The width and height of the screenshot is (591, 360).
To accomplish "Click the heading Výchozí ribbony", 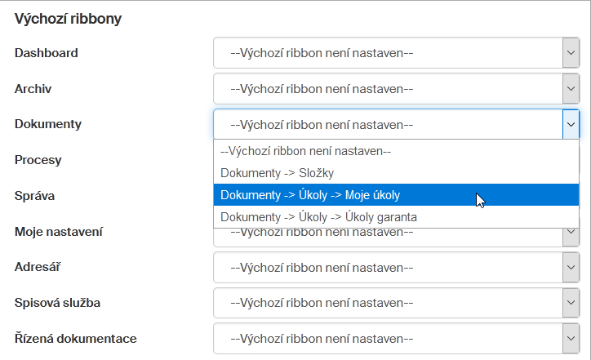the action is (x=68, y=19).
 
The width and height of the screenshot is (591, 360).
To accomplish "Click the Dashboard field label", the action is (x=46, y=53).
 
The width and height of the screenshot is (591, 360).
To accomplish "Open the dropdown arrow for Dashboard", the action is (x=571, y=53).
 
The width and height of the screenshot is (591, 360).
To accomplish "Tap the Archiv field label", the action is (x=33, y=89).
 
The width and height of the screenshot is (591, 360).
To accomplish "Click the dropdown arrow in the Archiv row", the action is (x=571, y=89).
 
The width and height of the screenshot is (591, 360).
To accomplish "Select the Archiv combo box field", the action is (x=396, y=89).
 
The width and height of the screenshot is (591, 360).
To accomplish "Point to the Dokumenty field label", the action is (x=48, y=124).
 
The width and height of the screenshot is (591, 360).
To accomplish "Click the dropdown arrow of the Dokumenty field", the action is (x=571, y=124).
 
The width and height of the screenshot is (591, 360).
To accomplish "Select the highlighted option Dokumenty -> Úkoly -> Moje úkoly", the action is (x=396, y=195).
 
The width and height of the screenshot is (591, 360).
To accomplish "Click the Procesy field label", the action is (x=38, y=160).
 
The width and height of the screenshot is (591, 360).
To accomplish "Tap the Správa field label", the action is (x=34, y=196).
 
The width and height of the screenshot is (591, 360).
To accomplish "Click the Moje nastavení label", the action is (x=59, y=232).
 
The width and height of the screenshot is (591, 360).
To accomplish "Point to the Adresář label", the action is (x=38, y=267).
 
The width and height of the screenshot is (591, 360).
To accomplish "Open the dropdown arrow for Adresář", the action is (x=571, y=267).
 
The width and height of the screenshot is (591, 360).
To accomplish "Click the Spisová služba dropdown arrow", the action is (x=571, y=303).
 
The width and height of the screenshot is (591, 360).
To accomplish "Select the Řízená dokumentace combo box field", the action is (x=396, y=339).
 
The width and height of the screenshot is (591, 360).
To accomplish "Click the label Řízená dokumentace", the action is (x=75, y=339).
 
